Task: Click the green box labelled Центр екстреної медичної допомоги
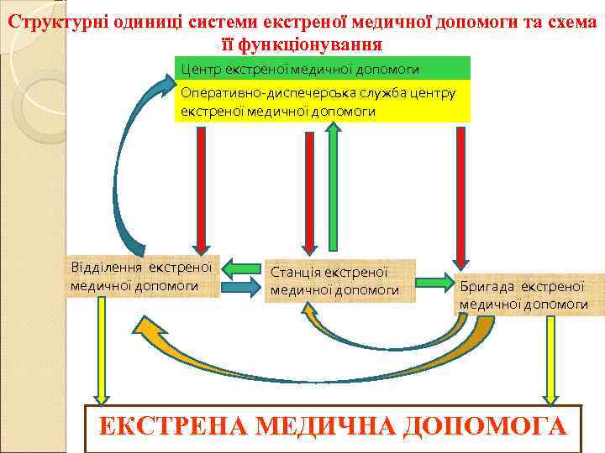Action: coord(322,68)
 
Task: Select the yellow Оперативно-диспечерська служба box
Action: coord(322,102)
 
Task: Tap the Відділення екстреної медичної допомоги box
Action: coord(143,276)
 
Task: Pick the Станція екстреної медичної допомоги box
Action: coord(339,281)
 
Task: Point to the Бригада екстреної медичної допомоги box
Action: coord(529,294)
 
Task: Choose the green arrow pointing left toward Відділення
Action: coord(242,268)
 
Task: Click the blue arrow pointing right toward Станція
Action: coord(242,287)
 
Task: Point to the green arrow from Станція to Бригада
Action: coord(435,281)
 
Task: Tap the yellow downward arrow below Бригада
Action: coord(551,357)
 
